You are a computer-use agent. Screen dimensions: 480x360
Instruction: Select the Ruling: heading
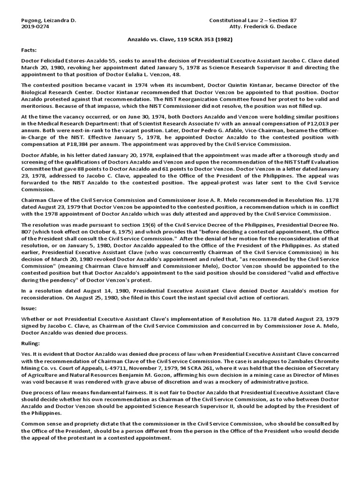[x=31, y=344]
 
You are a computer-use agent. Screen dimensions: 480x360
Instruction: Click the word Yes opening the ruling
[x=26, y=353]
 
